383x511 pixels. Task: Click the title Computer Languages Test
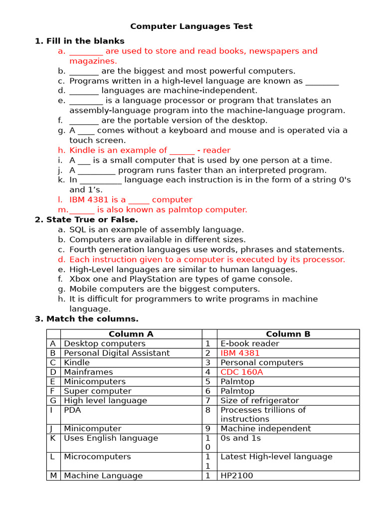tap(191, 26)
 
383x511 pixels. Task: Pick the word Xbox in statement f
tap(80, 279)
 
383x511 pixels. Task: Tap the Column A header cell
tap(131, 334)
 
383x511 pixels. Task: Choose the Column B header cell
tap(288, 334)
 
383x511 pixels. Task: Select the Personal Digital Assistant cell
tap(117, 353)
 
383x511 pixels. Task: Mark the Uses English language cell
tap(111, 438)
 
